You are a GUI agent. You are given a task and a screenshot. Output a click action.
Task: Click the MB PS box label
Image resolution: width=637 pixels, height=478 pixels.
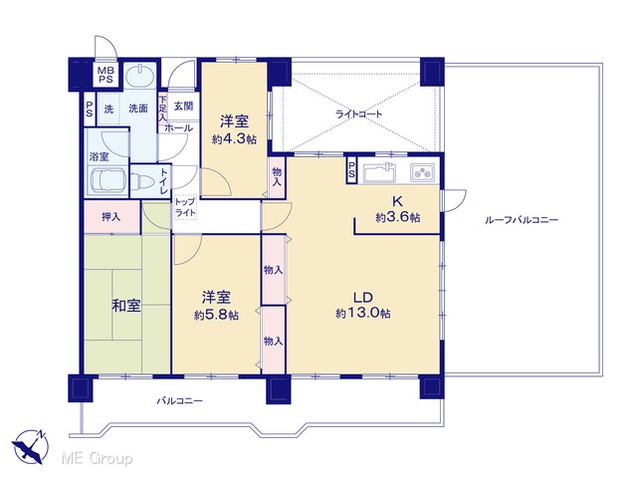tap(106, 75)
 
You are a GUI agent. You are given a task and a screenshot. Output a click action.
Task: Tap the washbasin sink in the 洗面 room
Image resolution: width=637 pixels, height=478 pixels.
tap(139, 76)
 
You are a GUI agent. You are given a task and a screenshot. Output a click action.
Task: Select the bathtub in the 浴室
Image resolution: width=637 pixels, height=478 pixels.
tap(108, 180)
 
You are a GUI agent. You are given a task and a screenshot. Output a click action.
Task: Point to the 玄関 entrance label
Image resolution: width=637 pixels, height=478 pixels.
tap(183, 107)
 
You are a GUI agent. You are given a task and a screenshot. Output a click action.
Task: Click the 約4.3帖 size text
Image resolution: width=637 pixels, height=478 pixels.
tap(234, 139)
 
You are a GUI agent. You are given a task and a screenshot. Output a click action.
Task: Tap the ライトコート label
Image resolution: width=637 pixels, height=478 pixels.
tap(358, 114)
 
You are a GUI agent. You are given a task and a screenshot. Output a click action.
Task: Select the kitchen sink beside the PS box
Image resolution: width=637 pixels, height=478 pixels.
tap(379, 172)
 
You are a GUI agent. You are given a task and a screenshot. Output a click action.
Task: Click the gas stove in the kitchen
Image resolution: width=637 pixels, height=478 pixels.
tap(422, 172)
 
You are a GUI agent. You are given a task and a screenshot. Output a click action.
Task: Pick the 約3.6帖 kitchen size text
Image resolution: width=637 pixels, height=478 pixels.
tap(398, 217)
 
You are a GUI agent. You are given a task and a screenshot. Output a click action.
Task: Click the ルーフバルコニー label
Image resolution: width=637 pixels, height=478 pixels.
tap(522, 220)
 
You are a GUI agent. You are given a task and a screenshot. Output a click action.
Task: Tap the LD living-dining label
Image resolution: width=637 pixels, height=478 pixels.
tap(362, 298)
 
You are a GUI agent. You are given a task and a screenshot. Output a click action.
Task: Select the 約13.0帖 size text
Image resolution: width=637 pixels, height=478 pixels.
tap(363, 314)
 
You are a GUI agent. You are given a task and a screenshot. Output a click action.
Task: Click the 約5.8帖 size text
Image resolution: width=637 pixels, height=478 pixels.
tap(216, 315)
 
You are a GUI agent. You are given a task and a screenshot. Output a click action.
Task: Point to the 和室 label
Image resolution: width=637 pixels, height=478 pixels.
tap(126, 306)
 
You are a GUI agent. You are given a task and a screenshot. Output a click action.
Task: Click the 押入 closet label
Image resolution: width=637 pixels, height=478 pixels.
tap(110, 217)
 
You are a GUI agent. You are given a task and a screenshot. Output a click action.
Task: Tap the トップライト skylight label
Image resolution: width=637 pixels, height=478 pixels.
tap(185, 207)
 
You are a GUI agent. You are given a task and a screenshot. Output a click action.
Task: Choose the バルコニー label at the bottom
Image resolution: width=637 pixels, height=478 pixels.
tap(180, 401)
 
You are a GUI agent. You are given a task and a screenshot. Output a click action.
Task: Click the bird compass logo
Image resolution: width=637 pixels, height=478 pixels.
tap(30, 446)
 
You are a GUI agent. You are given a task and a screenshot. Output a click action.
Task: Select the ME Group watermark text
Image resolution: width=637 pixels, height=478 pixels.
tap(97, 458)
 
